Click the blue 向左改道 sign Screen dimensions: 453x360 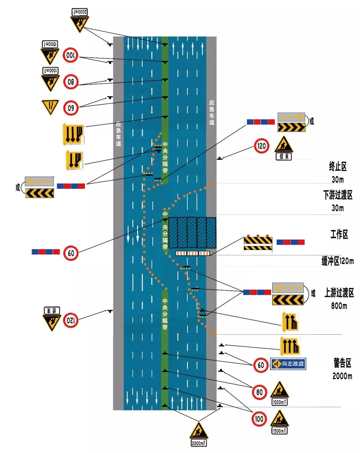pyautogui.click(x=288, y=364)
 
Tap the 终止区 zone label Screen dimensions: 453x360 pyautogui.click(x=338, y=166)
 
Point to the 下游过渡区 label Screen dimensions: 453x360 pyautogui.click(x=338, y=195)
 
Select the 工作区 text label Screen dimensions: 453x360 pyautogui.click(x=339, y=234)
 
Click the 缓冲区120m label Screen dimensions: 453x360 pyautogui.click(x=337, y=261)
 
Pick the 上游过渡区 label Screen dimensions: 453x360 pyautogui.click(x=339, y=293)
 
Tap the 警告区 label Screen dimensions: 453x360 pyautogui.click(x=342, y=363)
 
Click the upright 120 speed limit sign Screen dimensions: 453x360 pyautogui.click(x=262, y=146)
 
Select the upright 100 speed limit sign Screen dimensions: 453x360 pyautogui.click(x=259, y=419)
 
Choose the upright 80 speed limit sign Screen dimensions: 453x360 pyautogui.click(x=259, y=392)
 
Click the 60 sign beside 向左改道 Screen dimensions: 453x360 pyautogui.click(x=261, y=365)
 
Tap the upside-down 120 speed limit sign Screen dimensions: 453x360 pyautogui.click(x=71, y=321)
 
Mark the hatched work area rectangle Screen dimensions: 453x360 pyautogui.click(x=192, y=233)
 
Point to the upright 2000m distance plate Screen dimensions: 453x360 pyautogui.click(x=199, y=443)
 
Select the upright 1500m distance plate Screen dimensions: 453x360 pyautogui.click(x=279, y=431)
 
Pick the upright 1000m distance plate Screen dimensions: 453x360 pyautogui.click(x=279, y=402)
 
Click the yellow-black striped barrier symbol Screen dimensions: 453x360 pyautogui.click(x=258, y=243)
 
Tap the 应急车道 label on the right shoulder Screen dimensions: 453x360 pyautogui.click(x=212, y=112)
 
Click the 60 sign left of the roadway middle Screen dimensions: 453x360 pyautogui.click(x=71, y=253)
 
